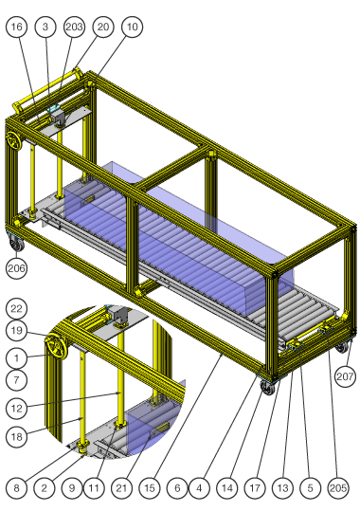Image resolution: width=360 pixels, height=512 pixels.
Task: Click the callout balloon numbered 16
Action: (17, 27)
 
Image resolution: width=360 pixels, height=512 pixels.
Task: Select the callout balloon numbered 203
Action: (74, 27)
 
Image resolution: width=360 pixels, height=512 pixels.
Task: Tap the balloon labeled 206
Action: (17, 268)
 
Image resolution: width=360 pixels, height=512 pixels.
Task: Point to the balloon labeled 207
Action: (345, 376)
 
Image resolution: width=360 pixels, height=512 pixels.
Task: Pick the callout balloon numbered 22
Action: (17, 308)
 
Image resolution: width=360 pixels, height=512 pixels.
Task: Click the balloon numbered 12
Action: (17, 408)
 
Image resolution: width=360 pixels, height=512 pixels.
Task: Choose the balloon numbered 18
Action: (17, 436)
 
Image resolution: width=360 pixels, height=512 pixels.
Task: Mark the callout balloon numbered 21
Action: (122, 488)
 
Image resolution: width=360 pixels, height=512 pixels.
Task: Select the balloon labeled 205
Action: (338, 488)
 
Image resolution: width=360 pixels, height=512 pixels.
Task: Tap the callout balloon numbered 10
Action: (133, 27)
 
